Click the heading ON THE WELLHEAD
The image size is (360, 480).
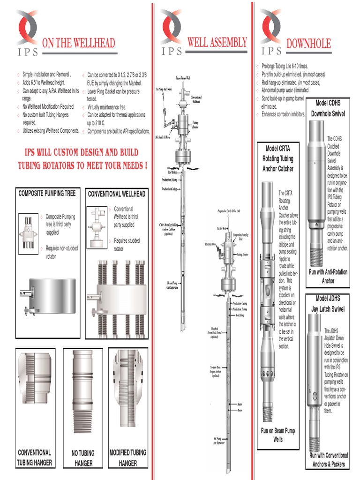point(78,44)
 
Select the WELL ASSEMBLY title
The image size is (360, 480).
point(217,43)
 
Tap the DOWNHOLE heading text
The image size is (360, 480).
point(308,44)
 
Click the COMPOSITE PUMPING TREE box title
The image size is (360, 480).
point(47,193)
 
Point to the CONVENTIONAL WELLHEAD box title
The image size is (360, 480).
point(117,194)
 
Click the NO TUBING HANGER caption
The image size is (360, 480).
point(82,458)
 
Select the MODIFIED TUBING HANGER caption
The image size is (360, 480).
point(127,457)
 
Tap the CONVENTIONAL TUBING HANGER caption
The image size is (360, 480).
point(34,457)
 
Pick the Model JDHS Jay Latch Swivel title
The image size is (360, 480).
point(328,304)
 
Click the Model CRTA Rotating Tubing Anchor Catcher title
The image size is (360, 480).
point(278,158)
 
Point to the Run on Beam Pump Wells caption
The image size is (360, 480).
point(278,435)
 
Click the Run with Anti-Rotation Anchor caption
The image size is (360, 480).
point(328,276)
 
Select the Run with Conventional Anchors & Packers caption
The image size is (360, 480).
point(329,459)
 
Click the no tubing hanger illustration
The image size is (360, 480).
point(82,391)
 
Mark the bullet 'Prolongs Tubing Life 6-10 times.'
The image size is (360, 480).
point(285,67)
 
